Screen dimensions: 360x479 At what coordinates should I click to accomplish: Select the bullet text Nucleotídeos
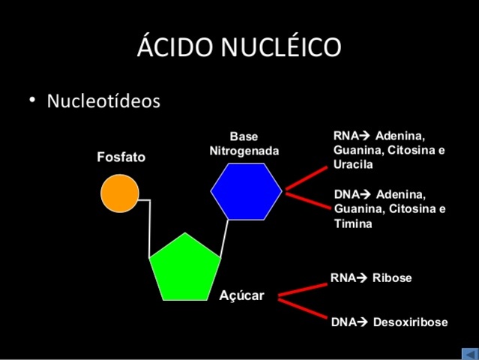pyautogui.click(x=103, y=100)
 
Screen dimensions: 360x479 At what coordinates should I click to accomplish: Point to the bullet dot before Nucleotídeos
pyautogui.click(x=32, y=100)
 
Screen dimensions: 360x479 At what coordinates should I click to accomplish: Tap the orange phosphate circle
pyautogui.click(x=120, y=193)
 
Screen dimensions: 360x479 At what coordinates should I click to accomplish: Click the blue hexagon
pyautogui.click(x=247, y=191)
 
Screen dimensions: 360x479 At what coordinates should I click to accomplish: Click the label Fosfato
pyautogui.click(x=121, y=157)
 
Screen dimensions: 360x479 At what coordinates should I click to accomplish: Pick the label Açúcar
pyautogui.click(x=241, y=295)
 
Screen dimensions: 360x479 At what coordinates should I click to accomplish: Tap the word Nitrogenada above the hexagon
pyautogui.click(x=244, y=151)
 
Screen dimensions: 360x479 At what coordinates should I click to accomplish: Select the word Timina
pyautogui.click(x=353, y=223)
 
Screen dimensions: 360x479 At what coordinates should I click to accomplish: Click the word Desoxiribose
pyautogui.click(x=410, y=322)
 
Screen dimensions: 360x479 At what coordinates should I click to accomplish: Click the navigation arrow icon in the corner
pyautogui.click(x=469, y=353)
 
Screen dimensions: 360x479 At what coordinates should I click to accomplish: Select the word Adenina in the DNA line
pyautogui.click(x=401, y=195)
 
